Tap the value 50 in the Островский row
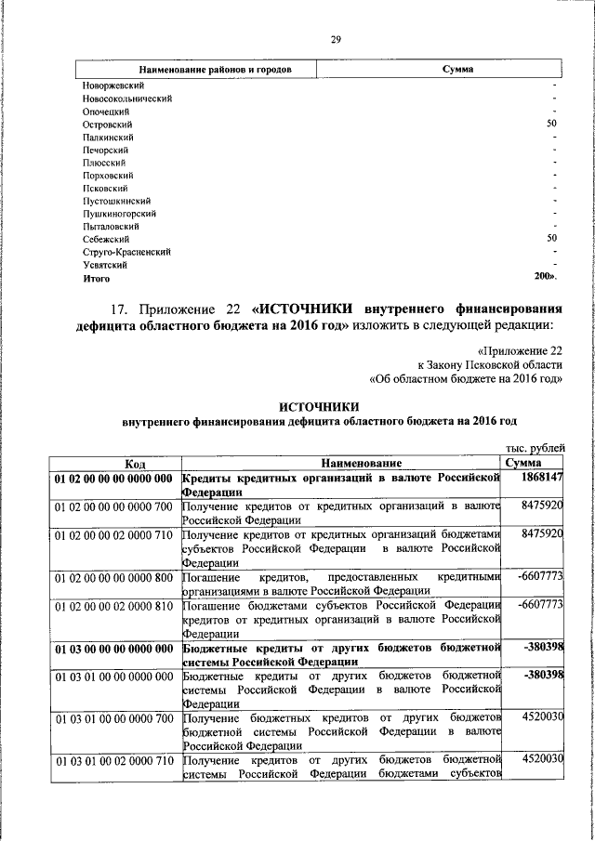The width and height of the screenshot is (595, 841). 551,124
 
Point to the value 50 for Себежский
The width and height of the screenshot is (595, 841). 551,239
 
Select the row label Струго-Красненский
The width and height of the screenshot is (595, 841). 126,252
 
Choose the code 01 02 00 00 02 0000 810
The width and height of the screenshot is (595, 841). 113,604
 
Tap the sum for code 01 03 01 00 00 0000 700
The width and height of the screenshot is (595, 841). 543,717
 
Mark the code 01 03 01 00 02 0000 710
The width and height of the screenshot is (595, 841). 113,760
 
